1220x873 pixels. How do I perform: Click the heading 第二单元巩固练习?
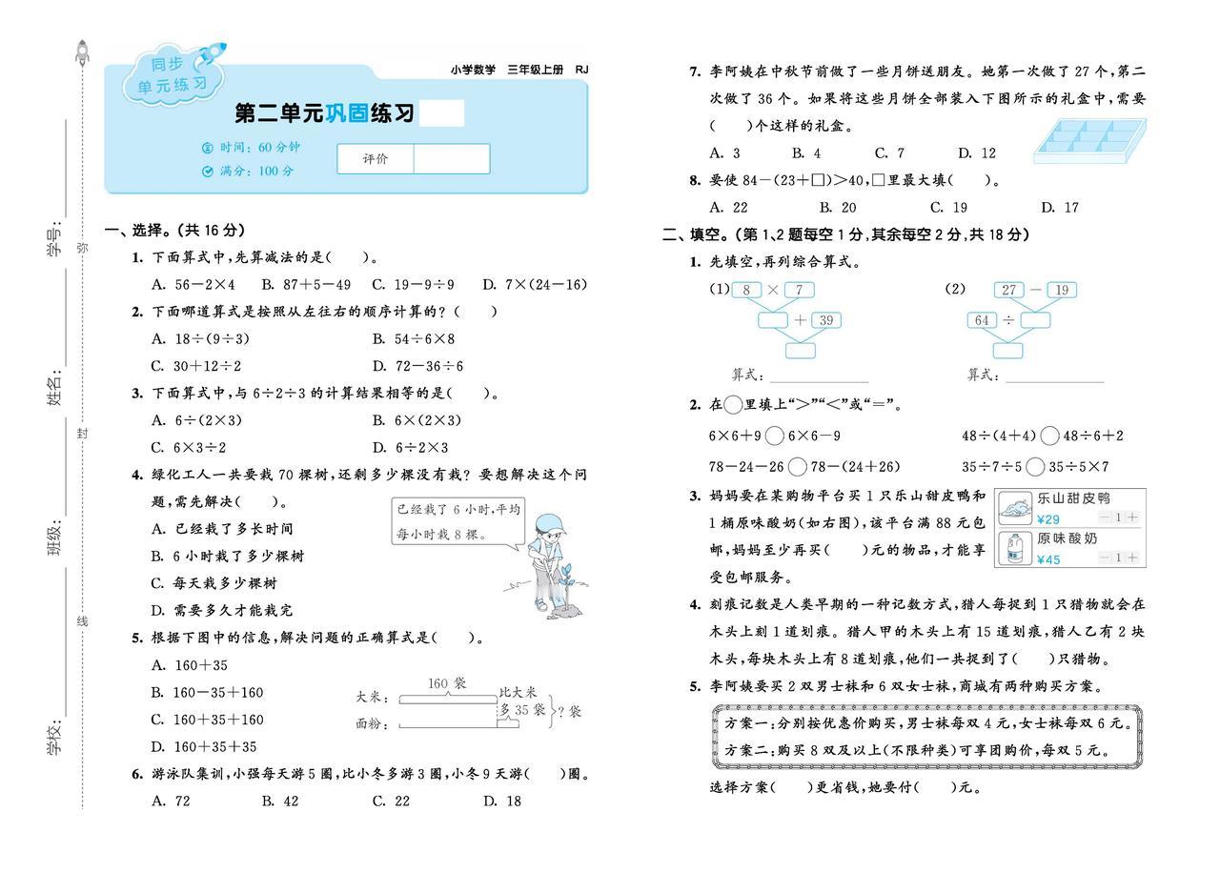[325, 114]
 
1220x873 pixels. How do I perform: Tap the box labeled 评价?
[376, 159]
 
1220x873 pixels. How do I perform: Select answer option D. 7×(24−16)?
[535, 284]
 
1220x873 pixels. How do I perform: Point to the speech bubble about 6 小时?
[459, 522]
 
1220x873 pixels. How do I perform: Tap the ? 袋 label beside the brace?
[569, 711]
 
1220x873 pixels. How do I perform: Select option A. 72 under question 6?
[172, 802]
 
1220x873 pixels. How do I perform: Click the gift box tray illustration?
[1089, 140]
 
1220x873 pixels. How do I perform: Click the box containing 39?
[825, 320]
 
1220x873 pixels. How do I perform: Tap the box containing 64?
[983, 320]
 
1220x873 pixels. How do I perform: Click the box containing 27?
[1008, 290]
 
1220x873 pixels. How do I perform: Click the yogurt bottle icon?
[1015, 549]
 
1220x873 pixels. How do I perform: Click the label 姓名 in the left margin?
[54, 390]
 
